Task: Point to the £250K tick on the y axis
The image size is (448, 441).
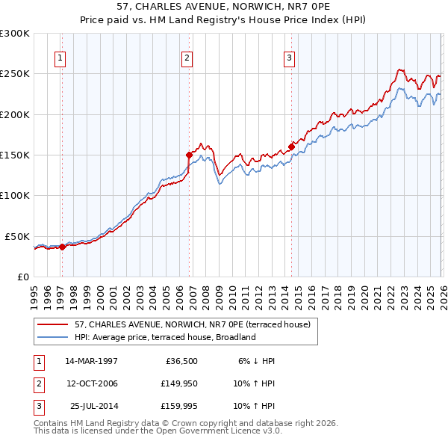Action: [15, 74]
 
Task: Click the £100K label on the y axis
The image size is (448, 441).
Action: [15, 195]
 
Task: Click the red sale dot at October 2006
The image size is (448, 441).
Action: [189, 155]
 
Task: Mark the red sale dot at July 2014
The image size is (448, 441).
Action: [291, 147]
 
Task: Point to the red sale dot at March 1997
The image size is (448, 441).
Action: [62, 247]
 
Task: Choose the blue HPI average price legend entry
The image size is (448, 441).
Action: [165, 337]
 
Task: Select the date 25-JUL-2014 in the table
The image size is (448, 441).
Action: [93, 407]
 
